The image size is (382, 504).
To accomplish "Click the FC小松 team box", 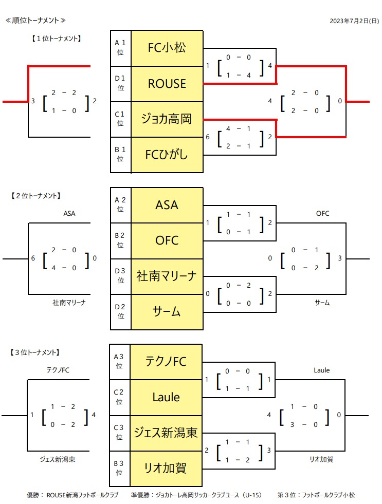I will pos(167,48).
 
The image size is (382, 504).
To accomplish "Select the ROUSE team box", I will pos(167,84).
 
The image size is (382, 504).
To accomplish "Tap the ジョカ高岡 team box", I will pos(167,119).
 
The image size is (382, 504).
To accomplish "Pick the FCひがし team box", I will pos(167,155).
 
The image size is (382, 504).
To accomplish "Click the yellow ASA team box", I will pos(167,205).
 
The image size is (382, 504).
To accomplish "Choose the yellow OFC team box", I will pos(167,240).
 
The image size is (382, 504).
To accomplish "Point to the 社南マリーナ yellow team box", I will pos(167,276).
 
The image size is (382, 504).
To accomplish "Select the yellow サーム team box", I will pos(167,311).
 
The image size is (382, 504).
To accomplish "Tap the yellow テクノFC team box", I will pos(166,362).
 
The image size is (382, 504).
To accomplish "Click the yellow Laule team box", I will pos(166,397).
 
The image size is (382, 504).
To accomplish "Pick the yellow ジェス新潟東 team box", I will pos(166,433).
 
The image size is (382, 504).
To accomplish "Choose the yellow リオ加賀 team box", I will pos(166,468).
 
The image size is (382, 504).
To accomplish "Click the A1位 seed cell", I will pos(120,48).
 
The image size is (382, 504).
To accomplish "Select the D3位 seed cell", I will pos(120,276).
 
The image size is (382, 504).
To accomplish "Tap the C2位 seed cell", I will pos(119,397).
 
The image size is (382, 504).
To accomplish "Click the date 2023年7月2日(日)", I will pos(354,21).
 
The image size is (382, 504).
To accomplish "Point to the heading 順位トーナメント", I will pos(35,21).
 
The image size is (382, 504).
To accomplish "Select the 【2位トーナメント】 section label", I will pos(35,195).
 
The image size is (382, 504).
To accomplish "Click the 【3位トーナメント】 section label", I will pos(35,352).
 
